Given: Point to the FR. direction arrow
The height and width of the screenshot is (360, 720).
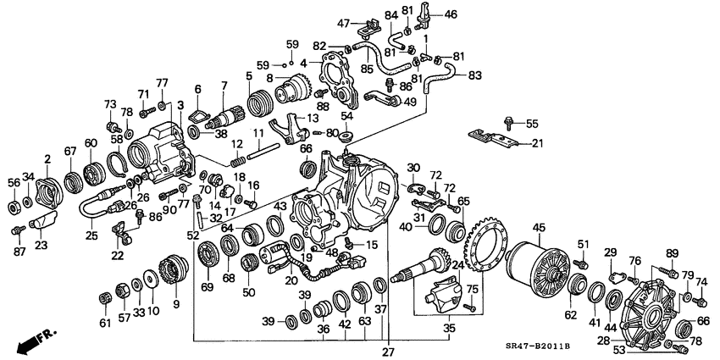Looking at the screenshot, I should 33,341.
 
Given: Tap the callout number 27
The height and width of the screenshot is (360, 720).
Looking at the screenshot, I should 390,352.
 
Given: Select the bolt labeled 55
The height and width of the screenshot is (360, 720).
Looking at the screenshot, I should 510,122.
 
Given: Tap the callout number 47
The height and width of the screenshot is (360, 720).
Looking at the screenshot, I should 344,22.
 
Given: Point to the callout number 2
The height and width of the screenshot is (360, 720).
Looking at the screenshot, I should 47,158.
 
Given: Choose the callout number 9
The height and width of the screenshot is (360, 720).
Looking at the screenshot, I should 176,303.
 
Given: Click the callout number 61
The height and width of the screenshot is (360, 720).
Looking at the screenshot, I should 104,323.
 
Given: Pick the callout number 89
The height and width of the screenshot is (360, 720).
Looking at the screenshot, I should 672,253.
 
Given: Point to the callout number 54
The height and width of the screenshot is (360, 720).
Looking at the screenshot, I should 346,116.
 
